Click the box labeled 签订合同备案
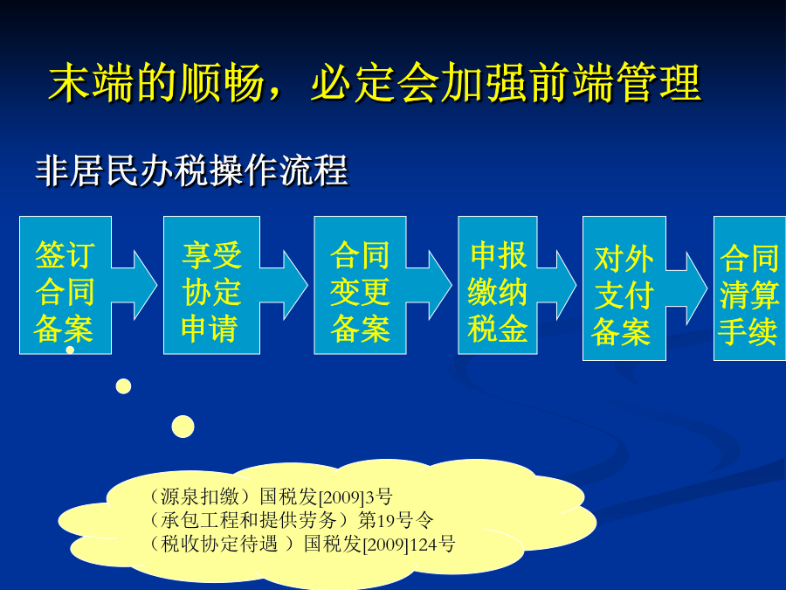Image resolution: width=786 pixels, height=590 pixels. tap(65, 285)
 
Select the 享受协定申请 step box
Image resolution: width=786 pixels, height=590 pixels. tap(211, 285)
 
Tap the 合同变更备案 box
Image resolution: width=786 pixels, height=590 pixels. tap(360, 285)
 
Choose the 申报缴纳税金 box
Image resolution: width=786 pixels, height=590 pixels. tap(497, 285)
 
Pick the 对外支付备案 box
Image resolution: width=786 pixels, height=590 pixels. tap(624, 288)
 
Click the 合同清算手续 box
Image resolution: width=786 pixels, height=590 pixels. tap(749, 288)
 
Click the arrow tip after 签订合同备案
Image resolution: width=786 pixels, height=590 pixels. tap(157, 285)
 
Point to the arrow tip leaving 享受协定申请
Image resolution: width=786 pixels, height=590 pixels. tap(307, 285)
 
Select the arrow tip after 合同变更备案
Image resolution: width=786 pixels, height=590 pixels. tap(452, 285)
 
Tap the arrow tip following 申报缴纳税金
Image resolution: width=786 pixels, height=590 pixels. tap(576, 285)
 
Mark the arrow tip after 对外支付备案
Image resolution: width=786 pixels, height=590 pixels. tap(707, 288)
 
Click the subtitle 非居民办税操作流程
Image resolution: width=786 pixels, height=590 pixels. tap(191, 170)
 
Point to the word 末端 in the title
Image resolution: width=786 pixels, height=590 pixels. tap(91, 83)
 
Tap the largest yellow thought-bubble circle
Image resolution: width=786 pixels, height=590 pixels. tap(183, 427)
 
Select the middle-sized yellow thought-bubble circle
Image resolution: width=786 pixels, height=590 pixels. tap(123, 386)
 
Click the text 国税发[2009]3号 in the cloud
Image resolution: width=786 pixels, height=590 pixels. tap(326, 496)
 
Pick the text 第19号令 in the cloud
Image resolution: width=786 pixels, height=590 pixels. tap(396, 520)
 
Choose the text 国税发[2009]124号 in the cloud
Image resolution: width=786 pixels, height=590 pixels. tap(380, 544)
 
